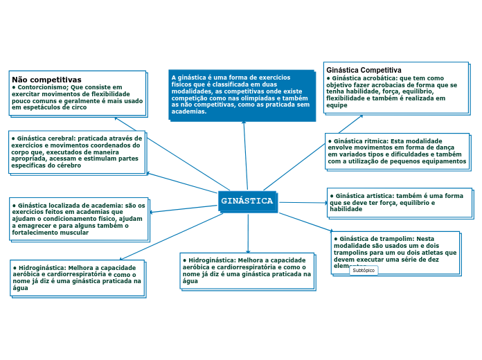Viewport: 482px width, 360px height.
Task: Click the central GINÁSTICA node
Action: point(247,201)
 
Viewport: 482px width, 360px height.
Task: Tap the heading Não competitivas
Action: point(46,80)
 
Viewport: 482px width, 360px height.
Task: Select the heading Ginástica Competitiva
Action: point(364,70)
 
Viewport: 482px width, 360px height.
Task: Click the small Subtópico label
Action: point(364,271)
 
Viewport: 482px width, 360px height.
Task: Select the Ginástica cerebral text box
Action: point(77,151)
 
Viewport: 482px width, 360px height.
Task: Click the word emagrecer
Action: point(41,226)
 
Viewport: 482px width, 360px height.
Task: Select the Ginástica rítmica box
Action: point(397,151)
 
